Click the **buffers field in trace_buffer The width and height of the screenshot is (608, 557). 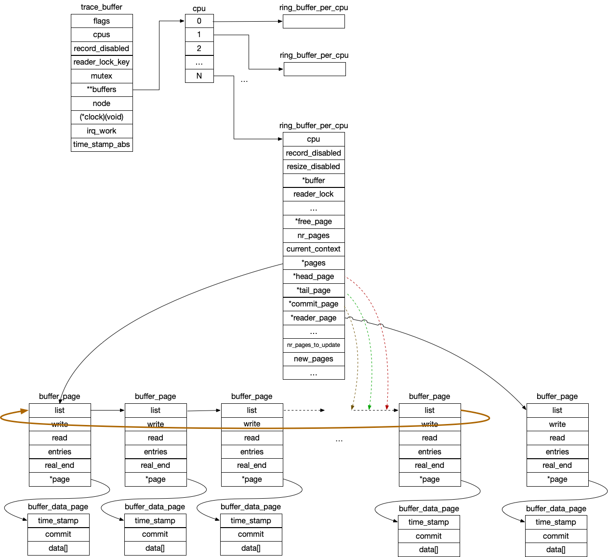(x=102, y=90)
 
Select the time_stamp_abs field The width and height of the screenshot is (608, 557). (x=102, y=145)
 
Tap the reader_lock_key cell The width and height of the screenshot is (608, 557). (x=102, y=62)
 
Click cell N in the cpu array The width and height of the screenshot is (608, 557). (x=199, y=76)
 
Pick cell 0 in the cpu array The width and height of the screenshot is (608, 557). (x=199, y=21)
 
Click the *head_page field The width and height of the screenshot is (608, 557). (x=314, y=277)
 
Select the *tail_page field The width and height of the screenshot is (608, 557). (x=314, y=291)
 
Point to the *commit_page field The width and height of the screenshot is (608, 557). (x=314, y=304)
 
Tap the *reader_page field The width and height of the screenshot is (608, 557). (x=314, y=318)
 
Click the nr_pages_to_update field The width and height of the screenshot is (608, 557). (x=314, y=345)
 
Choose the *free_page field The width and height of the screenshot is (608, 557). (x=314, y=222)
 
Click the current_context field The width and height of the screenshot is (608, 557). (x=314, y=249)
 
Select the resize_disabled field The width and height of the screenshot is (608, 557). (x=314, y=167)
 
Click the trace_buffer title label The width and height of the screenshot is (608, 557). (x=102, y=7)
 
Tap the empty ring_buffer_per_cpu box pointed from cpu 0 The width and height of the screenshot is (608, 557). (x=314, y=22)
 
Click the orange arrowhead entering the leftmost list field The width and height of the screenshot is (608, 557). (x=23, y=411)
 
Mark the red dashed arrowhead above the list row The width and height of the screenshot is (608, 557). (x=387, y=407)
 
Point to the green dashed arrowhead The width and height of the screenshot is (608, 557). (x=370, y=407)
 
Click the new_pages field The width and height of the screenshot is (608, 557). (x=314, y=359)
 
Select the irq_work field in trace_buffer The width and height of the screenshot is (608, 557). (x=102, y=131)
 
